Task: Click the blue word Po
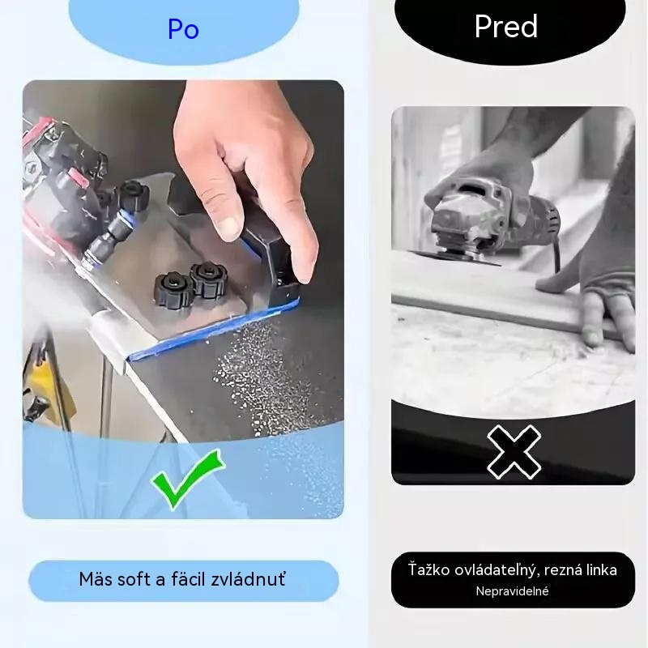click(184, 29)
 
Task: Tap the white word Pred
click(506, 27)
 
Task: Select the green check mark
click(188, 480)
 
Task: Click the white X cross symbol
click(514, 452)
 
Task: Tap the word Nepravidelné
click(512, 591)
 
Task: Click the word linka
click(599, 570)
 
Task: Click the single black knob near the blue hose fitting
click(133, 194)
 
